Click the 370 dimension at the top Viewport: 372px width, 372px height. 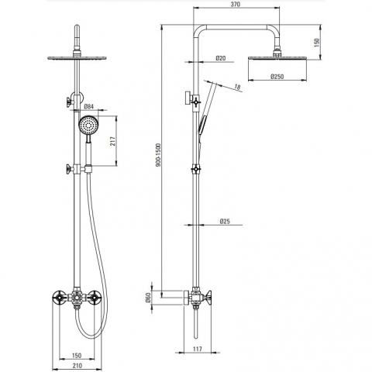236,4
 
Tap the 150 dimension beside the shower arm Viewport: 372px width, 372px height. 317,42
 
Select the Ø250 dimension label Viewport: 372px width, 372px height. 277,77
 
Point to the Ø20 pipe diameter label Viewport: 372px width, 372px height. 221,58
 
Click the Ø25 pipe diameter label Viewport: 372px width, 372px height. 225,221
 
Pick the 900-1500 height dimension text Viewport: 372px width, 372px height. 158,155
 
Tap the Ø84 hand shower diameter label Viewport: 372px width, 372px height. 89,106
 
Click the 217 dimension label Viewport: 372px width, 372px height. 113,141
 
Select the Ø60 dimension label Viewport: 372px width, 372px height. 148,298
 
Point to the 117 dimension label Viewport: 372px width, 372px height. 198,349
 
